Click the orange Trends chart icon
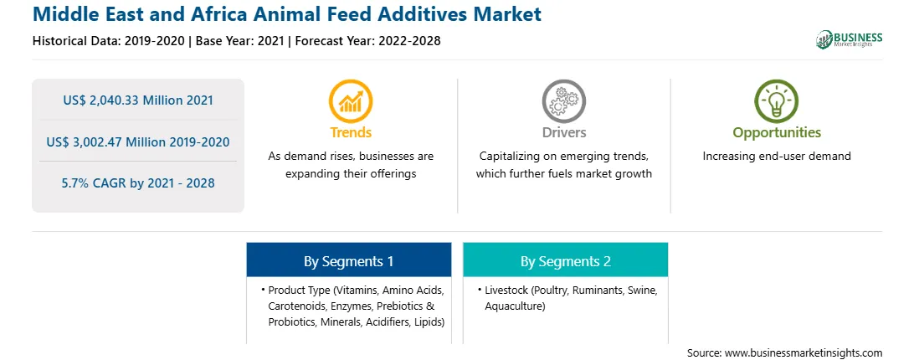(x=351, y=101)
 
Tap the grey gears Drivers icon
(x=563, y=101)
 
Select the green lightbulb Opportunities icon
(x=777, y=101)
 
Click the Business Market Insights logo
(x=850, y=39)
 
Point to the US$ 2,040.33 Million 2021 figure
(x=138, y=100)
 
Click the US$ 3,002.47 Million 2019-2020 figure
(x=138, y=141)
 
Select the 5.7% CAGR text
(x=138, y=183)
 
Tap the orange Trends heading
(x=351, y=132)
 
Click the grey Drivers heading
(x=563, y=132)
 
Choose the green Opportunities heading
(x=777, y=133)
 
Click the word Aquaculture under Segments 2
(x=515, y=306)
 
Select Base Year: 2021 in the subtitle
(x=239, y=41)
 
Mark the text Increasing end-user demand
(x=777, y=157)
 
